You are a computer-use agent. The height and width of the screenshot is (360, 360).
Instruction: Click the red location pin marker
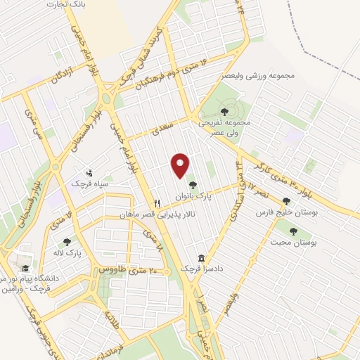[181, 165]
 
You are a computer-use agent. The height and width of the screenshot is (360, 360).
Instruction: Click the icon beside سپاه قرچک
[89, 172]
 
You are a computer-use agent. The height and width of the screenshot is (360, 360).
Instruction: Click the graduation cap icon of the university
[25, 269]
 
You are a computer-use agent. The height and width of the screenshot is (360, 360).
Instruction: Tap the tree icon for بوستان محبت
[293, 231]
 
